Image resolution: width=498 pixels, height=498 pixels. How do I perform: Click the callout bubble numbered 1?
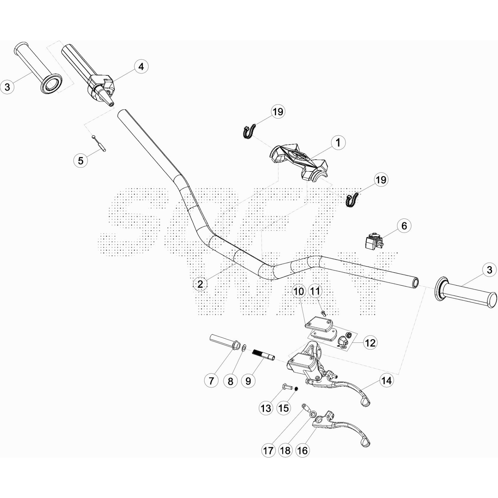pyautogui.click(x=338, y=143)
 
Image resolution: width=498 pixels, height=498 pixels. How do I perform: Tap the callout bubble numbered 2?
pyautogui.click(x=200, y=284)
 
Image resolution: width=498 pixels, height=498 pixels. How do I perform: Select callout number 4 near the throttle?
pyautogui.click(x=141, y=67)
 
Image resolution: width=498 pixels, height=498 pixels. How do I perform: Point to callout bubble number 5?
pyautogui.click(x=81, y=161)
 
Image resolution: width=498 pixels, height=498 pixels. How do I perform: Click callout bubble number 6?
pyautogui.click(x=404, y=226)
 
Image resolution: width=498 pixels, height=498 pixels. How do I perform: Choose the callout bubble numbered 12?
pyautogui.click(x=370, y=343)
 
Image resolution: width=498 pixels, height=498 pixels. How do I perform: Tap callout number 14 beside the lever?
pyautogui.click(x=386, y=380)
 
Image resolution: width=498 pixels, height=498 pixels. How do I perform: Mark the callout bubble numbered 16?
pyautogui.click(x=302, y=450)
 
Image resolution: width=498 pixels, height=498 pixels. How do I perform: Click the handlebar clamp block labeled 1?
pyautogui.click(x=299, y=159)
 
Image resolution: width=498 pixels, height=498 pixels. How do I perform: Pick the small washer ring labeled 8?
pyautogui.click(x=244, y=347)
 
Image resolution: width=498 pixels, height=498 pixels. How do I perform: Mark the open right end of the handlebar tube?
pyautogui.click(x=415, y=282)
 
